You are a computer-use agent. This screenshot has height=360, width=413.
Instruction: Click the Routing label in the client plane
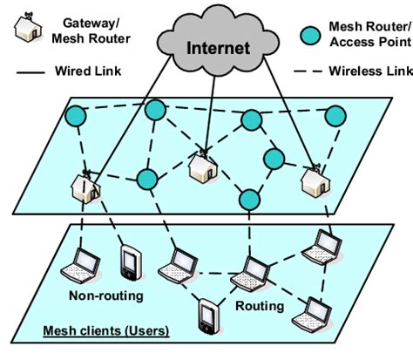260,306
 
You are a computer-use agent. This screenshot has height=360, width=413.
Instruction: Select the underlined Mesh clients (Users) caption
107,332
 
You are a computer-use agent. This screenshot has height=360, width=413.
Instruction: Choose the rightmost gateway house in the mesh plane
312,180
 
